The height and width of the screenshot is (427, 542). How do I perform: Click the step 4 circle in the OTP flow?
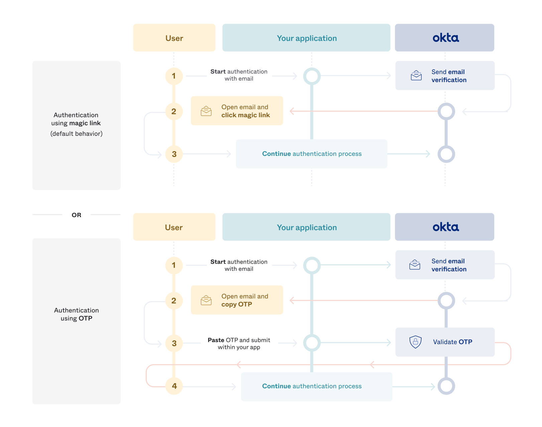tap(174, 386)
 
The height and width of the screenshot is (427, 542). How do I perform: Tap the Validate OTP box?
tap(445, 342)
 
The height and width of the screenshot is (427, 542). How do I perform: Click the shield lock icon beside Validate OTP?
tap(415, 342)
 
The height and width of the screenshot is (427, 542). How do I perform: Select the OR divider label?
tap(76, 215)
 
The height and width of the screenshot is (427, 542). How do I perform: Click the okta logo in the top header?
tap(445, 38)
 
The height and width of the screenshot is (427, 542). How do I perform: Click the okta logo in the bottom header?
tap(445, 227)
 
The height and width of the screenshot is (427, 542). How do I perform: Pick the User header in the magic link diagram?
tap(174, 38)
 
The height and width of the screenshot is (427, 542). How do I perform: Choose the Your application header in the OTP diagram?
tap(306, 227)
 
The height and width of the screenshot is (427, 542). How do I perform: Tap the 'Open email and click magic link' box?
tap(237, 111)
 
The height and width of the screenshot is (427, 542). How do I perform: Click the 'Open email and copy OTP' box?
tap(237, 300)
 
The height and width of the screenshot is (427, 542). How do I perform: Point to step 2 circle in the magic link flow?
tap(174, 111)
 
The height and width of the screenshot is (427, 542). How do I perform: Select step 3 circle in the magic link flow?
tap(174, 154)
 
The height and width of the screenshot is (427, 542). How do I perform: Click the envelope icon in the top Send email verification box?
tap(416, 75)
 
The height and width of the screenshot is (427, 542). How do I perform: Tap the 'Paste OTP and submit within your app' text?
tap(239, 343)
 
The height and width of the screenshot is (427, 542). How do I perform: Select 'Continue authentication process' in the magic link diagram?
tap(312, 154)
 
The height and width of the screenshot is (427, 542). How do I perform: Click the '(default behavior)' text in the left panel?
tap(76, 134)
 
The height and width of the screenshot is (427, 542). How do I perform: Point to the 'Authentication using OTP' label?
tap(76, 314)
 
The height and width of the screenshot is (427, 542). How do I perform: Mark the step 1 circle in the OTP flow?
tap(174, 265)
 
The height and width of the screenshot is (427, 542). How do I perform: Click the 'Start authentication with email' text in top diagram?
tap(239, 75)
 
